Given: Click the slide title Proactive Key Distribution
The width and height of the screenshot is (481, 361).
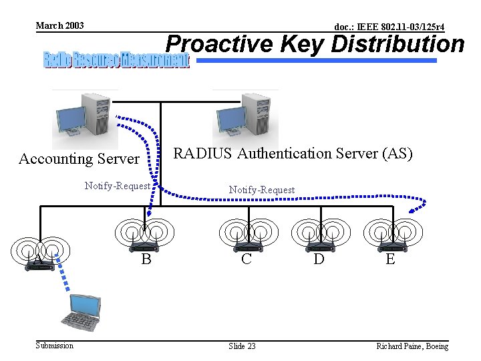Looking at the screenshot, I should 315,44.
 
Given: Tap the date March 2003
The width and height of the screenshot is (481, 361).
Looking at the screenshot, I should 59,25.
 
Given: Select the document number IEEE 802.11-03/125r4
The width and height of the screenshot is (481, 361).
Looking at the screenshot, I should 389,27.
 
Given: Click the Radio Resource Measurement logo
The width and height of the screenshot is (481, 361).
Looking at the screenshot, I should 116,60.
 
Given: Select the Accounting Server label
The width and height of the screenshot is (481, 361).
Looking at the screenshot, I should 79,158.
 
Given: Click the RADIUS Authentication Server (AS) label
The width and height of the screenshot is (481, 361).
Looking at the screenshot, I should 293,153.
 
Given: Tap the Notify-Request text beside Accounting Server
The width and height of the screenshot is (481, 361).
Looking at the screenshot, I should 117,186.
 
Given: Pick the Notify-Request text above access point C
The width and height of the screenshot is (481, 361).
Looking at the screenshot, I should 261,190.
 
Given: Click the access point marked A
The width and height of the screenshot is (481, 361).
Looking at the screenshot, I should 40,257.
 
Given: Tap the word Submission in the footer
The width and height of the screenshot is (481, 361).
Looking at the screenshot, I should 55,345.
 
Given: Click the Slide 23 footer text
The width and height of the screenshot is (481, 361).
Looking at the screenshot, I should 242,346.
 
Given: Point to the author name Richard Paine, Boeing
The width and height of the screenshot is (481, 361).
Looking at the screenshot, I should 412,346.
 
